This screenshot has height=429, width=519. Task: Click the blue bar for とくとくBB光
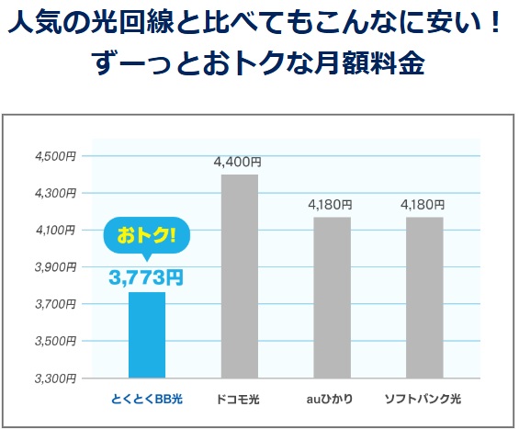point(146,334)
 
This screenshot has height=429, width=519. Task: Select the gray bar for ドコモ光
point(239,276)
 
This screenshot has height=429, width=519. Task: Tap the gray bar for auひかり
point(332,297)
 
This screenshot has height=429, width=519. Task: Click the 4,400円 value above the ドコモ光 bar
point(239,162)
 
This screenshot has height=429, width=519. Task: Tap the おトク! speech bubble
point(146,235)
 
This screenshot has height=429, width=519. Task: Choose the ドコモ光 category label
point(239,400)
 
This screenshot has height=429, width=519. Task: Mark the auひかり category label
point(332,400)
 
